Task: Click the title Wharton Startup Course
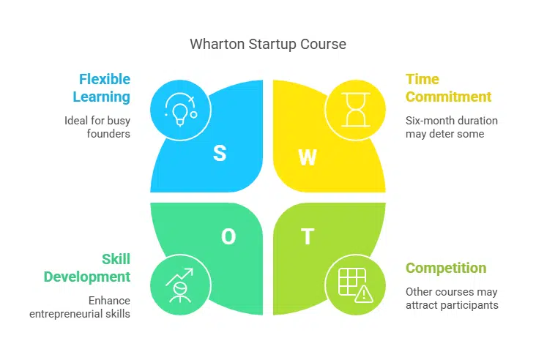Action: point(268,44)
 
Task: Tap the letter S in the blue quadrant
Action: point(219,154)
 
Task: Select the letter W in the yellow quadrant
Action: point(307,157)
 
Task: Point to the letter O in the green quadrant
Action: point(228,236)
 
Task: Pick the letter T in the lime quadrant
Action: point(308,237)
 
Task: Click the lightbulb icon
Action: point(180,110)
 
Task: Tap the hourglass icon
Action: point(355,110)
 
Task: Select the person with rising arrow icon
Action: point(180,285)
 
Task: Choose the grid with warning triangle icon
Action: point(355,285)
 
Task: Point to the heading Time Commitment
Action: point(448,88)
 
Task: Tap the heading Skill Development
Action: point(87,267)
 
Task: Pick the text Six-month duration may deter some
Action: point(451,127)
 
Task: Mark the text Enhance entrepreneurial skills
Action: point(80,307)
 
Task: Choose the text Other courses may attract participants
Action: point(451,298)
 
